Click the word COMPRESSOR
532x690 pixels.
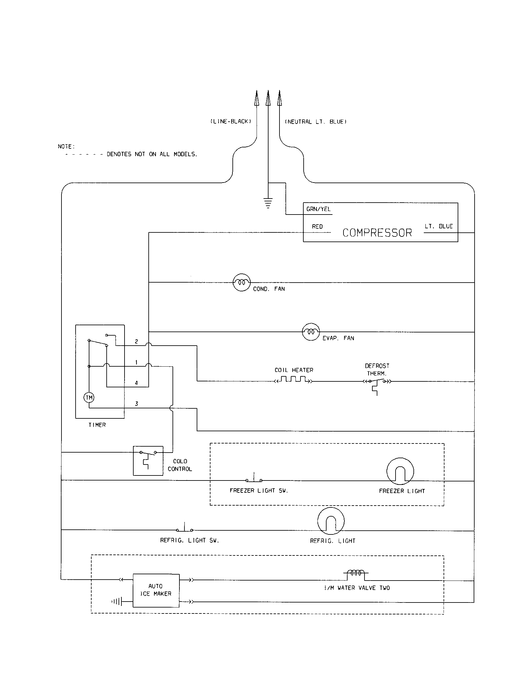[377, 233]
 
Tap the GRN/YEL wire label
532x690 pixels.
[318, 209]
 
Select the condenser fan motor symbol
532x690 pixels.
[242, 282]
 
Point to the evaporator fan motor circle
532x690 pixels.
[311, 332]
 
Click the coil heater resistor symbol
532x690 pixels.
[294, 379]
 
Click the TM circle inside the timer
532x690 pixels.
[89, 397]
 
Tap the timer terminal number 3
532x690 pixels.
[136, 403]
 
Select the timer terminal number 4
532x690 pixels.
[136, 383]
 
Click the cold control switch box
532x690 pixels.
[148, 461]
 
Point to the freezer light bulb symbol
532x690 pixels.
[400, 471]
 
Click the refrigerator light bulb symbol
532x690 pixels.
[331, 521]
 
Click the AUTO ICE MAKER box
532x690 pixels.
[156, 590]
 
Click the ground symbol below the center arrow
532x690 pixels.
[268, 203]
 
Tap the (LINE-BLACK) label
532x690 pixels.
[231, 122]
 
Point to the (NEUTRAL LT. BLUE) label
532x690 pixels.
[316, 122]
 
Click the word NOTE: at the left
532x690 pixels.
[66, 146]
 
